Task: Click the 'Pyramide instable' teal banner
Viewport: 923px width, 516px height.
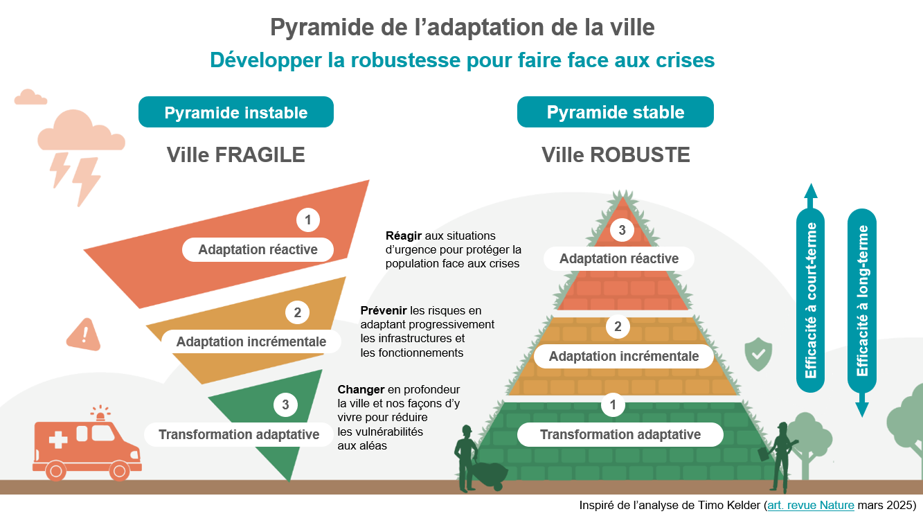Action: click(x=236, y=112)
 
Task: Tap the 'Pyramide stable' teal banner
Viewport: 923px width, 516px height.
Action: click(x=615, y=112)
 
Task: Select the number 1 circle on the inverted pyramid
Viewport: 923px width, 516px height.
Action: click(x=308, y=220)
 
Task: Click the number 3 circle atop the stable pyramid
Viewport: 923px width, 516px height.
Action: click(x=622, y=230)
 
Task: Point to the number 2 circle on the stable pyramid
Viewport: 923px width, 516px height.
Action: click(x=618, y=326)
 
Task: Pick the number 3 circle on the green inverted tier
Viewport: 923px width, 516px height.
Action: click(x=285, y=404)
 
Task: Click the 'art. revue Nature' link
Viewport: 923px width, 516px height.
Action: click(x=811, y=505)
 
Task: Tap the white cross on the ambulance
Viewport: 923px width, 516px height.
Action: click(x=58, y=439)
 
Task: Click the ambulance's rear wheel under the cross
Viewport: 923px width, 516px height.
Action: click(x=55, y=471)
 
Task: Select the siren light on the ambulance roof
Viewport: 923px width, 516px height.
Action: click(x=100, y=413)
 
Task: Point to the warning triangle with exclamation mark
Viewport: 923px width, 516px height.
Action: click(x=84, y=335)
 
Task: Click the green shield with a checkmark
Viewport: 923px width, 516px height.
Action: click(x=758, y=354)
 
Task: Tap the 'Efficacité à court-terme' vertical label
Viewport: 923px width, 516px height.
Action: click(x=811, y=300)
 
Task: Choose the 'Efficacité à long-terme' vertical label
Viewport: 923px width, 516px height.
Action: click(x=862, y=301)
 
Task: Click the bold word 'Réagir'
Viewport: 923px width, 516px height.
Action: click(x=404, y=235)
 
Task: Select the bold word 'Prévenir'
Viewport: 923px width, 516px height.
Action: click(x=384, y=310)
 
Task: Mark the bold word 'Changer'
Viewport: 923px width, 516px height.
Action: click(x=361, y=389)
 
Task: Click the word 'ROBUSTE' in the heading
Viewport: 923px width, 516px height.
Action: click(x=640, y=155)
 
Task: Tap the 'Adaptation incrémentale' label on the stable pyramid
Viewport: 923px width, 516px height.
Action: click(x=624, y=356)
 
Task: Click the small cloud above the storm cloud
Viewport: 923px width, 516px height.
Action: click(x=30, y=97)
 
